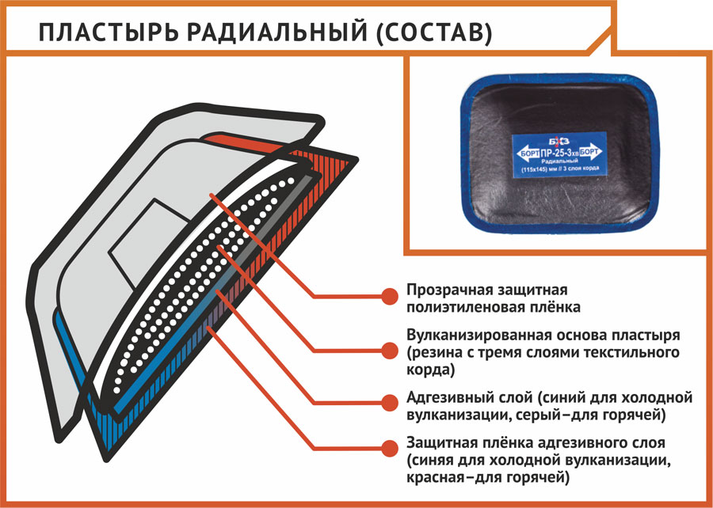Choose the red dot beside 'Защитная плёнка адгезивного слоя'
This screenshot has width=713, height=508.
coord(388,445)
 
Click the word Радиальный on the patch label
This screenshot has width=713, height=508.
coord(559,161)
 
